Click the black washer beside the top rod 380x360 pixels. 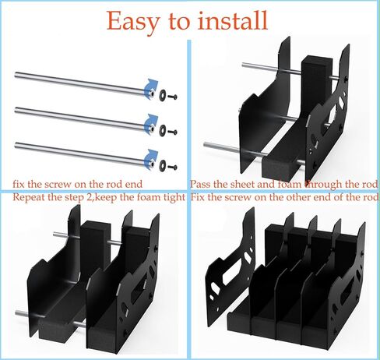(x=163, y=94)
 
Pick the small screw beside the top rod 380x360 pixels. (x=173, y=97)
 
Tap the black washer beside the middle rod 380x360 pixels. (x=163, y=129)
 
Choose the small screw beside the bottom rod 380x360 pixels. (x=173, y=168)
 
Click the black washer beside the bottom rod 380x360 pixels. (x=163, y=164)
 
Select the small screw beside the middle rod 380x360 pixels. (x=173, y=132)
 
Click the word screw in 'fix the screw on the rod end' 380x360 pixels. (x=58, y=185)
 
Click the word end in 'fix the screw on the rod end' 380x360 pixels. (x=134, y=185)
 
